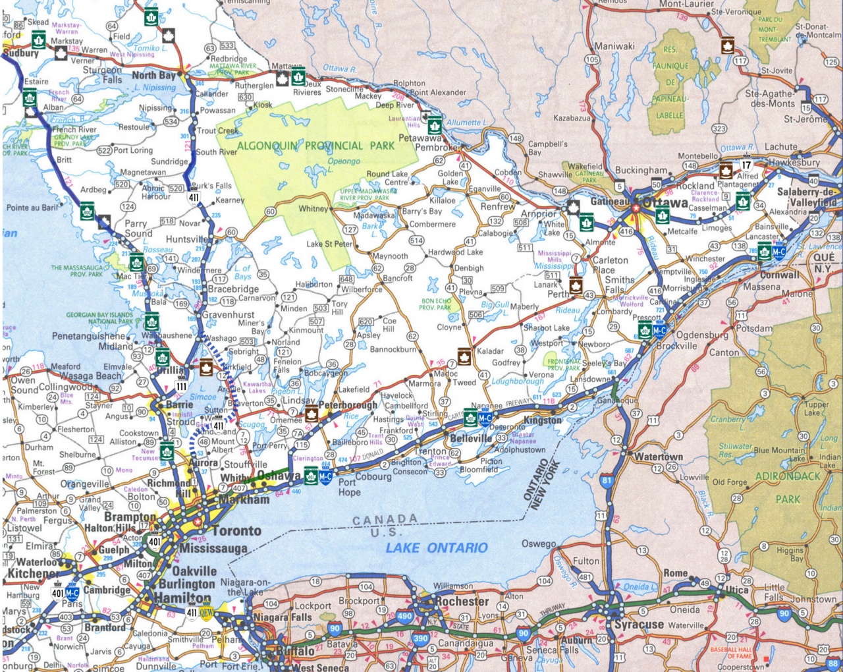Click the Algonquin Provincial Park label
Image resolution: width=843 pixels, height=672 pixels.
pos(315,146)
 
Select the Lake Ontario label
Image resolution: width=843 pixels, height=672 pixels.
pos(436,548)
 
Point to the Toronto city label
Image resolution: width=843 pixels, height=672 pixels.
pos(236,531)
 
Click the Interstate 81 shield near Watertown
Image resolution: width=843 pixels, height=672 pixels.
pos(607,480)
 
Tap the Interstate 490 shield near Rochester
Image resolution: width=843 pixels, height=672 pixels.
pos(404,617)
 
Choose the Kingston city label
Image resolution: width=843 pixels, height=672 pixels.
pos(543,420)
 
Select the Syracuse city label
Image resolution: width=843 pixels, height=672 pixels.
pos(639,624)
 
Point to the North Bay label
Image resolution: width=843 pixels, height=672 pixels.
pos(153,75)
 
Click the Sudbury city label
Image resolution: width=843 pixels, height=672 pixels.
pos(21,53)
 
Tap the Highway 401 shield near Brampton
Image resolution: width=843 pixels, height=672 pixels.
pos(154,542)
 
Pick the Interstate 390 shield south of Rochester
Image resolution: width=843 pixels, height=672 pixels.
pos(420,638)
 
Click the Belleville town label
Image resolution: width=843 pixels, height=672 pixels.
pos(471,438)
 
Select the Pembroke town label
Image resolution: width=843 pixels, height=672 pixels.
pos(435,148)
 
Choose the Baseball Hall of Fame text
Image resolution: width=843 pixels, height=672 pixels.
pos(730,652)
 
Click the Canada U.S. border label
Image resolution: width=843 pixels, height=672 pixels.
pos(385,525)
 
